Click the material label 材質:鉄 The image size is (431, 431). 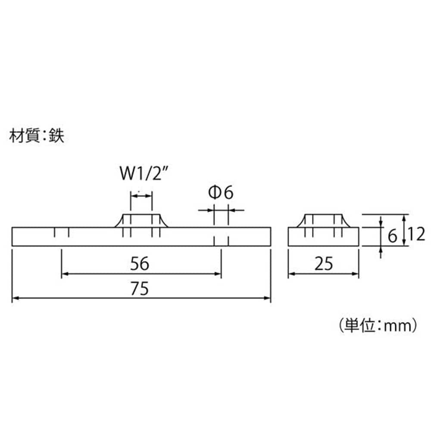tap(37, 135)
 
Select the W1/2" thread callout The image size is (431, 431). tap(144, 173)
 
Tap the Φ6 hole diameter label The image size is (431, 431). tap(221, 192)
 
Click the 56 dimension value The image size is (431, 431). tap(140, 263)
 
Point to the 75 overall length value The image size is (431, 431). tap(140, 288)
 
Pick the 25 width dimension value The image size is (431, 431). tap(324, 263)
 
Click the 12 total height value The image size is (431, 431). tap(416, 234)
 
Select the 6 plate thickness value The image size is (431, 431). tap(393, 236)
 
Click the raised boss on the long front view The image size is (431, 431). tap(141, 221)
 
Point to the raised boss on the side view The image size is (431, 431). tap(324, 221)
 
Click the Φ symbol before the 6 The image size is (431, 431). tap(214, 192)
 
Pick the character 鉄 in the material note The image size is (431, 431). tap(56, 135)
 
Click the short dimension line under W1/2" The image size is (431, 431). tap(141, 196)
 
